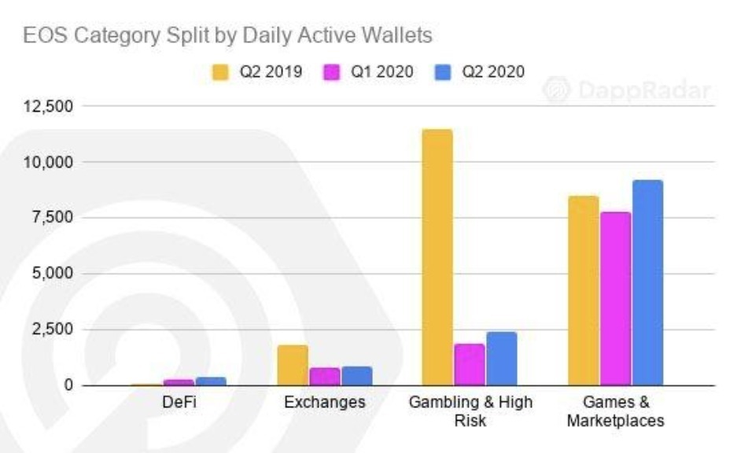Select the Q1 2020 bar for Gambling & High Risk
470,365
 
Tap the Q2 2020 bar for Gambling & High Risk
501,359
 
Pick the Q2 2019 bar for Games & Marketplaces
583,290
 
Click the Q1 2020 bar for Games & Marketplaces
615,298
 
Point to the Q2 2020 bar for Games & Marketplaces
647,282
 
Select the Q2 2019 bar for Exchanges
293,365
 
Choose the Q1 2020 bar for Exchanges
324,376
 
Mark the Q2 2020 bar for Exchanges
356,375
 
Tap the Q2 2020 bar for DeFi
211,381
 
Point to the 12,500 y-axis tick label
48,106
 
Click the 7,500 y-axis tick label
53,218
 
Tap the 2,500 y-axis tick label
53,330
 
